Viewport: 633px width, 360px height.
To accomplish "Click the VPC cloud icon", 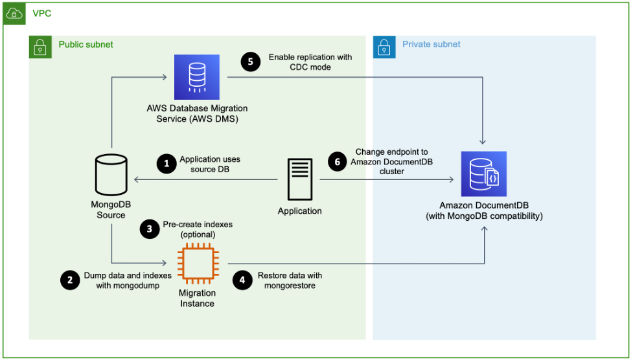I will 14,14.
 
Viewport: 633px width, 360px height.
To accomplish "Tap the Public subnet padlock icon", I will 40,47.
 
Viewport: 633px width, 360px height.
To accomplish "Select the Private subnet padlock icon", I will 384,47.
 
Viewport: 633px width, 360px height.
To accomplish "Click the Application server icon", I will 299,179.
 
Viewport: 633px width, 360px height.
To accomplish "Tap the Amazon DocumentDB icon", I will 483,174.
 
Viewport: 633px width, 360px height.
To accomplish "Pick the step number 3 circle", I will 150,229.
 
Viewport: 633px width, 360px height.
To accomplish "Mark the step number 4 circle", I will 242,280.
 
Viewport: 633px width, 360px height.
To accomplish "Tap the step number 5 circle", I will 251,62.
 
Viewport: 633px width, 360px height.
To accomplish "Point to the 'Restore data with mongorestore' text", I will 290,280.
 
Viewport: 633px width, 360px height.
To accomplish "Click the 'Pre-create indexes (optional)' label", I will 197,229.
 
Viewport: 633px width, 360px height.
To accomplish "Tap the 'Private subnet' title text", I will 431,45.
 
